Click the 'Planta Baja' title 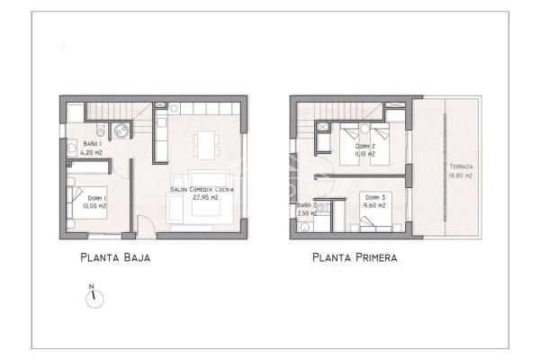point(114,257)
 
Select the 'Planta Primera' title point(354,257)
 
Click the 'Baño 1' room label point(91,143)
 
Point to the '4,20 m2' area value point(91,152)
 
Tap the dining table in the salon point(206,142)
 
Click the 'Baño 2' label point(306,206)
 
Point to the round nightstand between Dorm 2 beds point(364,130)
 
